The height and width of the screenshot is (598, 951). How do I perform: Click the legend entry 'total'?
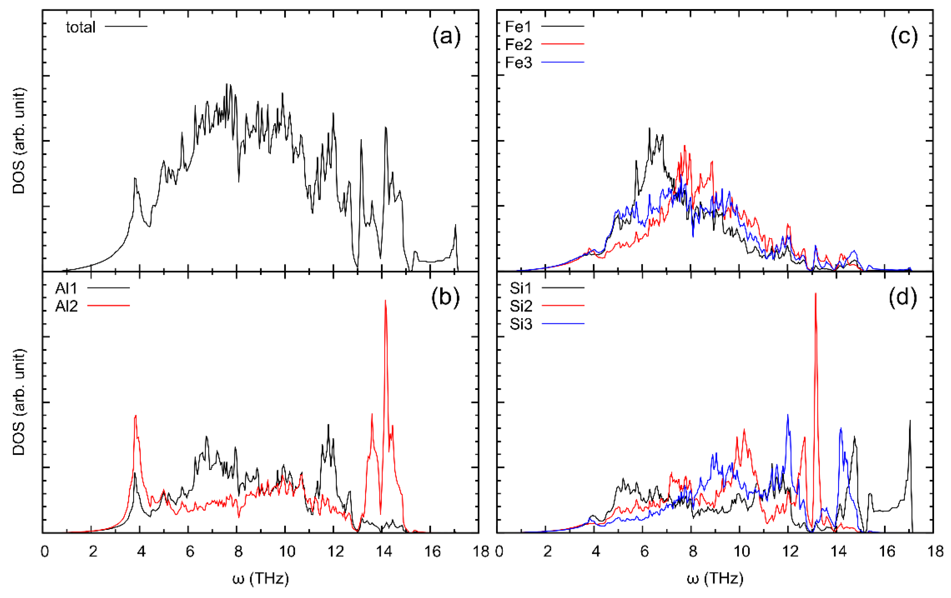(x=80, y=27)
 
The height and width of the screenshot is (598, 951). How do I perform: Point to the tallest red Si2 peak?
(x=816, y=294)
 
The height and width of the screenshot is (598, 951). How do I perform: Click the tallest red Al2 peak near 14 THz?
(x=386, y=301)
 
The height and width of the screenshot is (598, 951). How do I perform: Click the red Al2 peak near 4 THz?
(x=135, y=416)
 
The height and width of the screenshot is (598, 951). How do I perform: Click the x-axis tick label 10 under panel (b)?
(x=287, y=551)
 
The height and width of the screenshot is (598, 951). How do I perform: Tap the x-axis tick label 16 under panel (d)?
(x=887, y=551)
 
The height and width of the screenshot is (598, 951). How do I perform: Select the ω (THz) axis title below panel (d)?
(x=715, y=579)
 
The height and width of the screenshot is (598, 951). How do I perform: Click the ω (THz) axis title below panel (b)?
(x=261, y=579)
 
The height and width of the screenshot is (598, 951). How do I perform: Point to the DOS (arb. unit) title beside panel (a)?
(x=19, y=141)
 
